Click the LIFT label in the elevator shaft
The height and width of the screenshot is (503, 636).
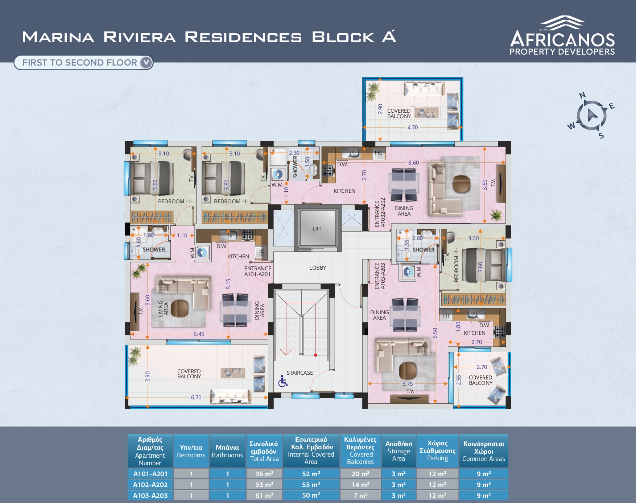[317, 229]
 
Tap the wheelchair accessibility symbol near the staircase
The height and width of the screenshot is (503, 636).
[283, 381]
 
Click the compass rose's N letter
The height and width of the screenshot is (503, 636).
[582, 95]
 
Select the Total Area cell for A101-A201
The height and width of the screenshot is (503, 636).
[264, 474]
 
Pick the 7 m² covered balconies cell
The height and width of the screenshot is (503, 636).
[360, 495]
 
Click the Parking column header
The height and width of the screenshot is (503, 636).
[437, 450]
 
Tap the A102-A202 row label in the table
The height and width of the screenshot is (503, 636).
[150, 485]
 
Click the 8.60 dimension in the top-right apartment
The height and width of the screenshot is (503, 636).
[413, 163]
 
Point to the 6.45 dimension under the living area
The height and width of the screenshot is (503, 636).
[199, 334]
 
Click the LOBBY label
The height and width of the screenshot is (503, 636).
[318, 268]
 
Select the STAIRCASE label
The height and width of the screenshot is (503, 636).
[300, 373]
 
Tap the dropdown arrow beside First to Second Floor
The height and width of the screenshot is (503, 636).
[146, 62]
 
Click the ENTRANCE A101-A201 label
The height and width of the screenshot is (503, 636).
[257, 271]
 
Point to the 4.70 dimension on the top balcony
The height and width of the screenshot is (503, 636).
[412, 128]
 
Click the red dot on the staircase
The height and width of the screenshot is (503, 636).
[315, 355]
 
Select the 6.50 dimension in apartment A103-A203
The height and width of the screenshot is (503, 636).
[435, 333]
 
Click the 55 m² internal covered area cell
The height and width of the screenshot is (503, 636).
[311, 485]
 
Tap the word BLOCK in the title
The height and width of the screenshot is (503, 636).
[343, 37]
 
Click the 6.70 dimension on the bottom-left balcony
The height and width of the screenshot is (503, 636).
[196, 398]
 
